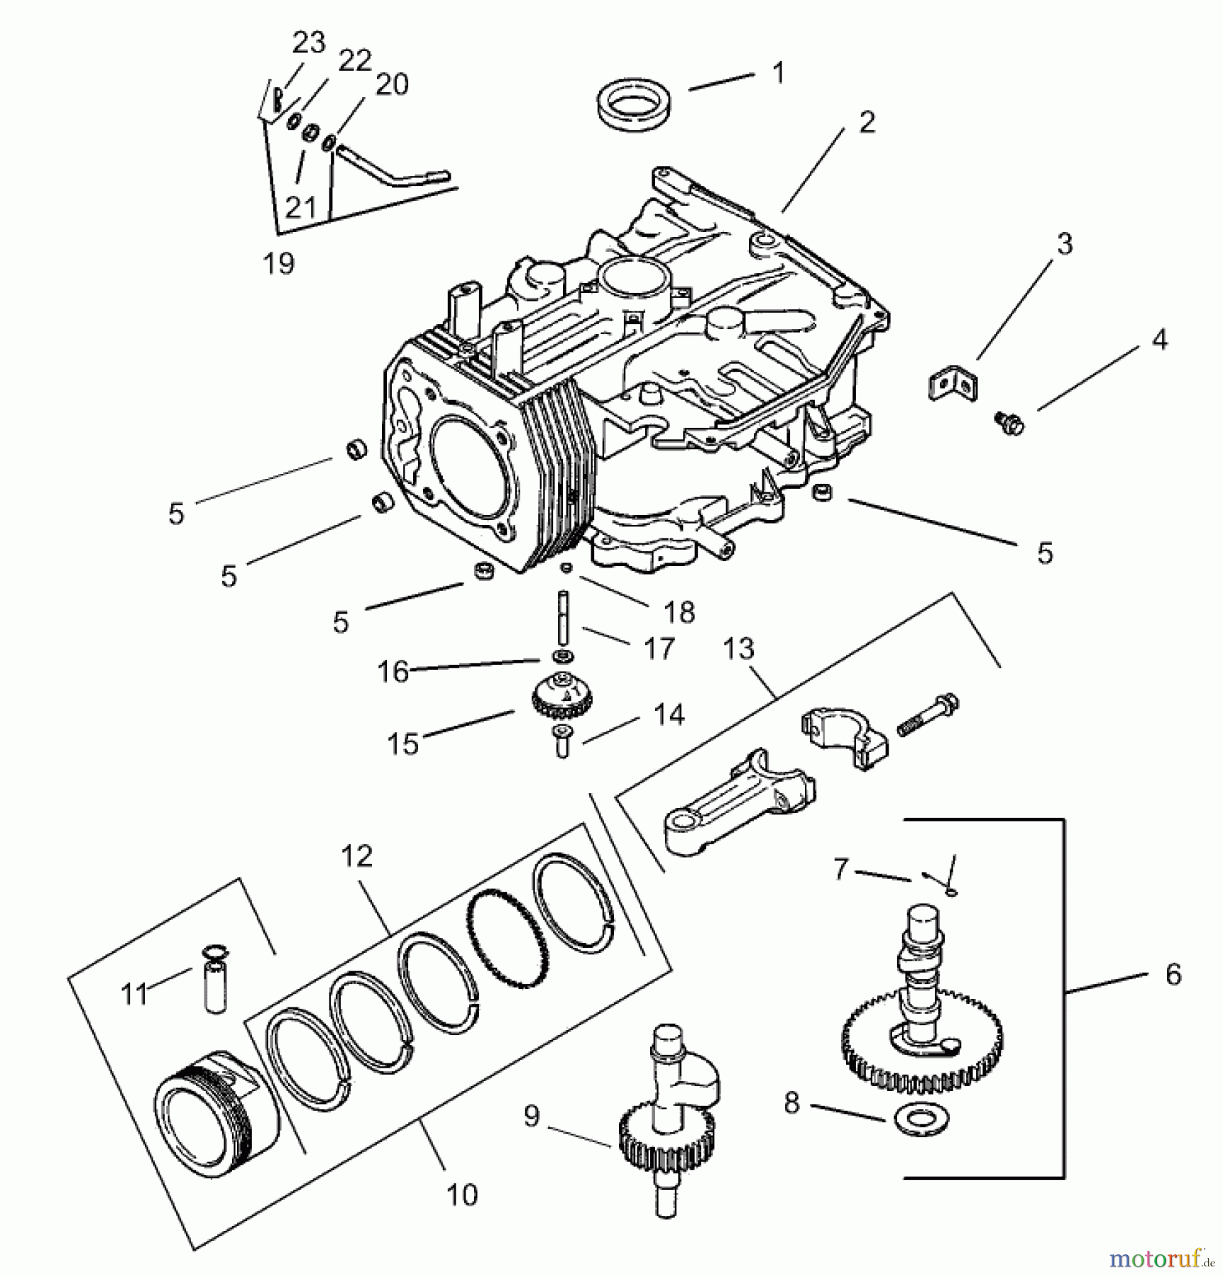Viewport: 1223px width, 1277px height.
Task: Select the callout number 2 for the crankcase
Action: point(867,123)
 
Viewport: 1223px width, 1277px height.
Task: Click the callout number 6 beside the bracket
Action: point(1173,974)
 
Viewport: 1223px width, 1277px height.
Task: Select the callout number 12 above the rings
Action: point(356,856)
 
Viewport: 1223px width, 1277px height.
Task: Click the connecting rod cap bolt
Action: point(928,717)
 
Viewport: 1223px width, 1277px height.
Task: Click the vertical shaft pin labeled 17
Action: point(564,617)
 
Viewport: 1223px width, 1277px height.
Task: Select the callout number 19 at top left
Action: point(278,264)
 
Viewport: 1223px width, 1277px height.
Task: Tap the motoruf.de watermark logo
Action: point(1161,1259)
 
